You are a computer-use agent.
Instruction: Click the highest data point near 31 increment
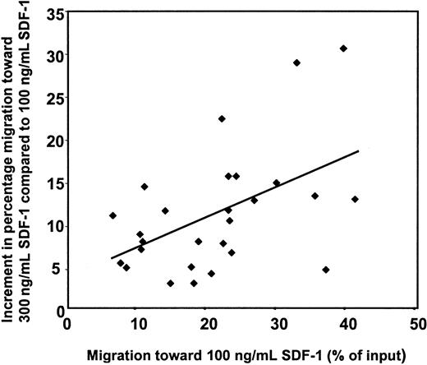[343, 49]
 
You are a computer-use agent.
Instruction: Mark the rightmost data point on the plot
[355, 199]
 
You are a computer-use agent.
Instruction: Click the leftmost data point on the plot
[112, 215]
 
